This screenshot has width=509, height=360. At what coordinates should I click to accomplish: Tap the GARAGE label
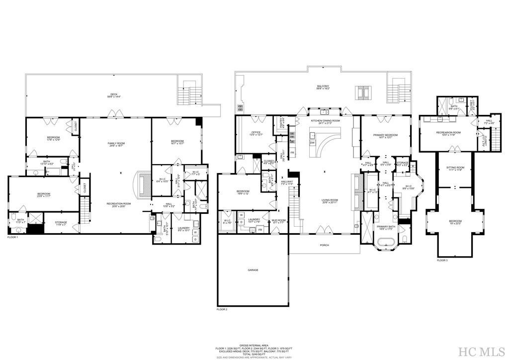click(253, 270)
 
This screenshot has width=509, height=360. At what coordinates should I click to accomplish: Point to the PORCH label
click(324, 245)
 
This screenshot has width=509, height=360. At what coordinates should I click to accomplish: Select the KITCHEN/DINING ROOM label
click(325, 121)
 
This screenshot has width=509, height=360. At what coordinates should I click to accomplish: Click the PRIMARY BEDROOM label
click(385, 135)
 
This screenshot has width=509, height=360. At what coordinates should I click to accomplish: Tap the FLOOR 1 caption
click(12, 238)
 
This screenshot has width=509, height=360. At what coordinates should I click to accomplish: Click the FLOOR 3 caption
click(442, 260)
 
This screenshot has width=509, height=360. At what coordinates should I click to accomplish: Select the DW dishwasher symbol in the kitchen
click(312, 143)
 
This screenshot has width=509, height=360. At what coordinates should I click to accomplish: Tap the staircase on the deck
click(189, 92)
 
